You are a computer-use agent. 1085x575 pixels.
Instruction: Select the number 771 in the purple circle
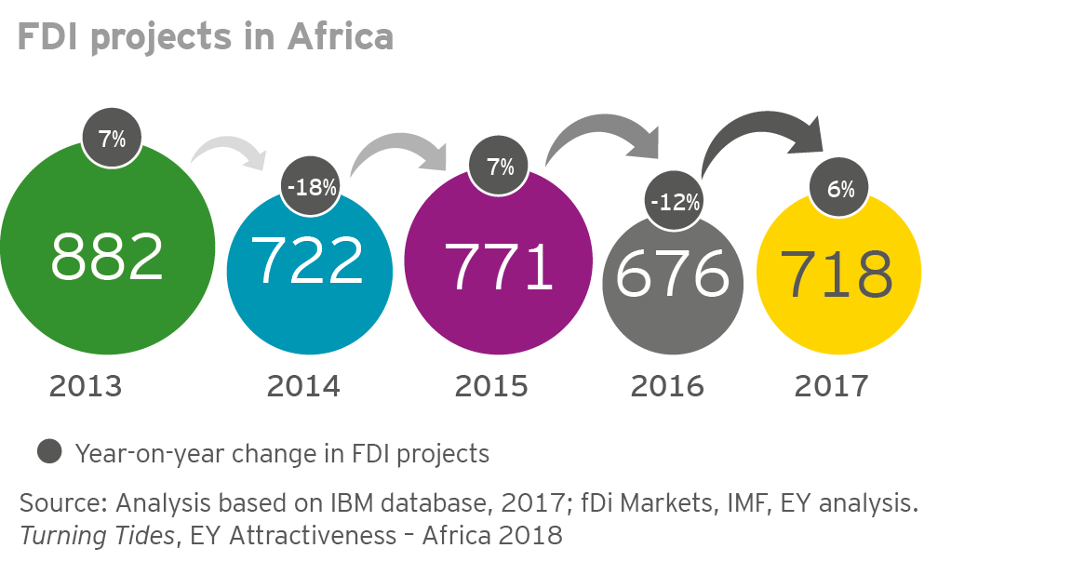502,265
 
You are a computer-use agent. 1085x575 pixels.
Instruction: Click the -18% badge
312,187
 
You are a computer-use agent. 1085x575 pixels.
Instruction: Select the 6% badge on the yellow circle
840,189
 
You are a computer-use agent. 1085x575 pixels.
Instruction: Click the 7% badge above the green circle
112,140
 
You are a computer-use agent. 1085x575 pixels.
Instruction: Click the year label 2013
86,385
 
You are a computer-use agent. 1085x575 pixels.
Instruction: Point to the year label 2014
302,385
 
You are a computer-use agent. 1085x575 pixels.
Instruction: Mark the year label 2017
831,385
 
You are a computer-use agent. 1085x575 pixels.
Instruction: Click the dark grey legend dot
50,452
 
